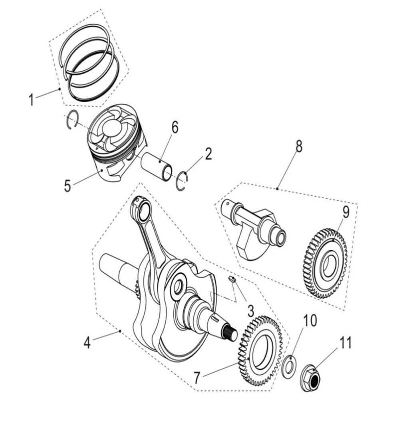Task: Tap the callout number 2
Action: point(208,154)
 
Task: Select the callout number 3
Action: point(250,310)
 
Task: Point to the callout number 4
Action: point(87,342)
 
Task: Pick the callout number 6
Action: point(175,128)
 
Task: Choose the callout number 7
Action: point(197,378)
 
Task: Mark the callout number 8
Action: point(299,147)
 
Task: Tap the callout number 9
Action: point(345,212)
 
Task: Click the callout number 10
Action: point(310,320)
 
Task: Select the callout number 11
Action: point(345,342)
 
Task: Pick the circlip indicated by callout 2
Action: point(183,181)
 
